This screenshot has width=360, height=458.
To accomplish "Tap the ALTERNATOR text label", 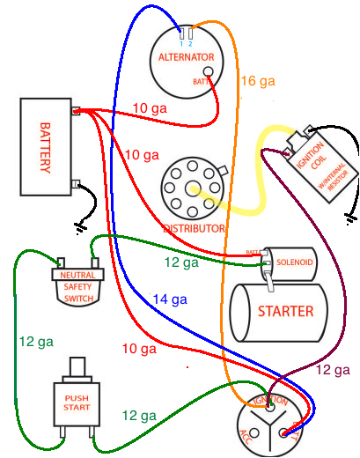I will [186, 57].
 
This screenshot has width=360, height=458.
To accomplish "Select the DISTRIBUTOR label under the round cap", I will [194, 228].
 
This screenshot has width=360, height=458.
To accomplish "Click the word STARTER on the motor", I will [285, 311].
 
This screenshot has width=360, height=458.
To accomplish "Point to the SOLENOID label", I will [294, 262].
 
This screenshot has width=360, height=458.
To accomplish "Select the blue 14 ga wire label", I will [169, 299].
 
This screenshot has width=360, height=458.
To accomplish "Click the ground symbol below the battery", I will [82, 226].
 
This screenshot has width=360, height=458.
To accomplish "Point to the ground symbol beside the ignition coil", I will [351, 216].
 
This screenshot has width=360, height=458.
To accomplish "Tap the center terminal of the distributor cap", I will [193, 188].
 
